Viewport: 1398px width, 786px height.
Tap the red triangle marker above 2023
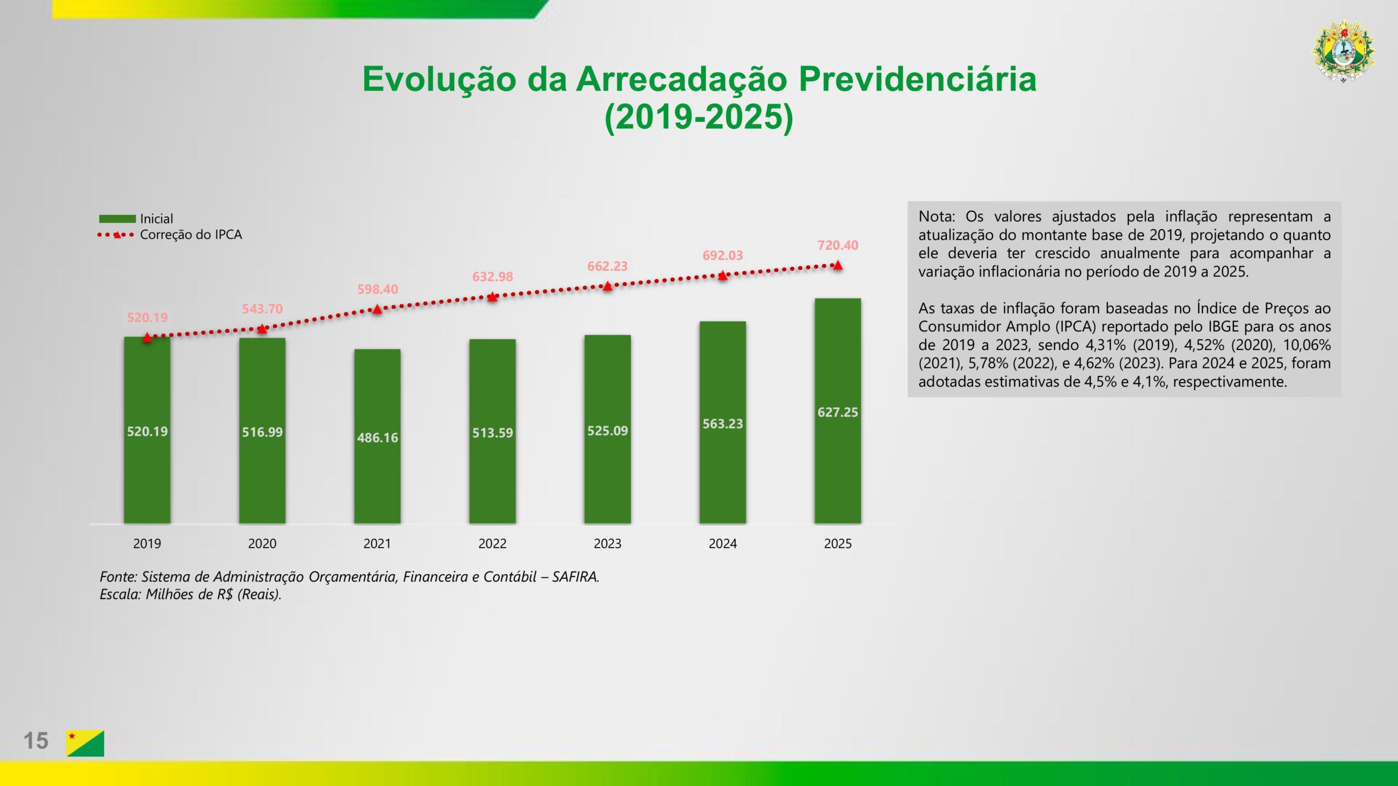607,286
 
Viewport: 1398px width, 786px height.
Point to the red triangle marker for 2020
262,329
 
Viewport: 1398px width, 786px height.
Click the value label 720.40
838,246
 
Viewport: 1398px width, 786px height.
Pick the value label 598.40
377,289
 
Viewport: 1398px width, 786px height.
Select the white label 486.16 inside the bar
377,438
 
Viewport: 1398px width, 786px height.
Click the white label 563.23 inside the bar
722,424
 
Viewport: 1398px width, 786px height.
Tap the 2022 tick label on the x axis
492,544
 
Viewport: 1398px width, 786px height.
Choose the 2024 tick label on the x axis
722,544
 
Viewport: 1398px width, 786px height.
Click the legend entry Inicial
156,219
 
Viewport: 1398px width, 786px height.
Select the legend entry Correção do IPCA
191,235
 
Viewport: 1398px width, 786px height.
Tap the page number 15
36,741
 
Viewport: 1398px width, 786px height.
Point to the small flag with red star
85,743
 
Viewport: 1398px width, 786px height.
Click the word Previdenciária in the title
917,79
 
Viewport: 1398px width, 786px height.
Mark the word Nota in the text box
935,217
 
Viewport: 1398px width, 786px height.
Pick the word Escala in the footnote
120,594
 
